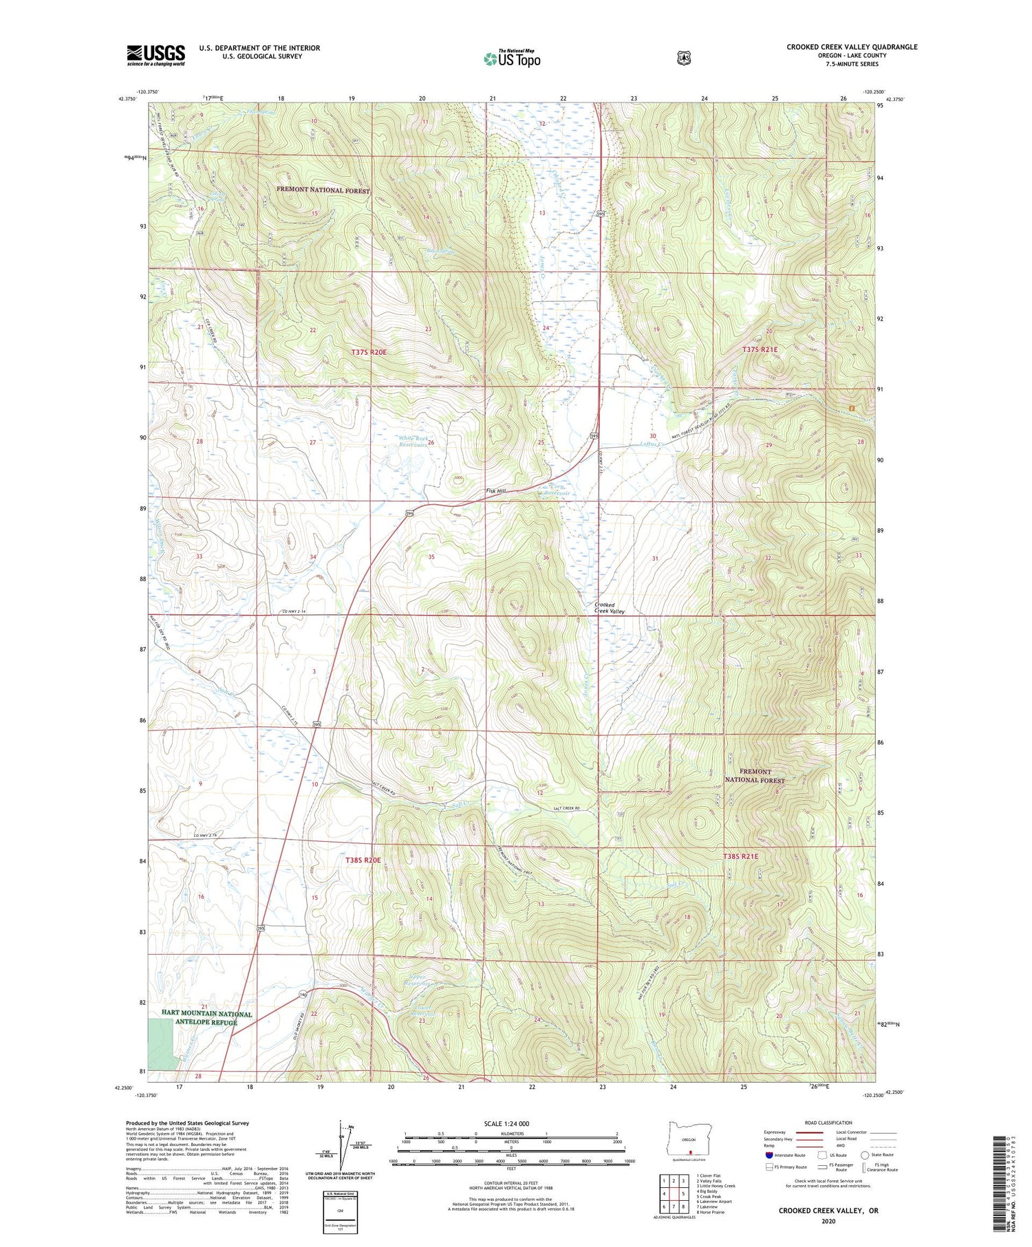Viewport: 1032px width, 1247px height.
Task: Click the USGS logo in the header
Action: click(156, 55)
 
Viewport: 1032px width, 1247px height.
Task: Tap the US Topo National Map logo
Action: click(512, 58)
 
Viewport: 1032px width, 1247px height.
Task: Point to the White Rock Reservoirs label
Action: click(413, 441)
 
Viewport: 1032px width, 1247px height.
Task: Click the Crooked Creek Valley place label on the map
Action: click(610, 608)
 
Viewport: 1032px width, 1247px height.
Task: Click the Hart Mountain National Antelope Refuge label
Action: click(207, 1018)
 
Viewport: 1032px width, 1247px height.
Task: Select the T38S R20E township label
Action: click(363, 860)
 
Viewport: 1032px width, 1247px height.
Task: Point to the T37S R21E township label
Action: click(760, 349)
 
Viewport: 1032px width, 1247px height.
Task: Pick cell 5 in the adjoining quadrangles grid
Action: click(683, 1194)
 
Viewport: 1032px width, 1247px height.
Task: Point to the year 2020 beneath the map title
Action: click(828, 1222)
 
